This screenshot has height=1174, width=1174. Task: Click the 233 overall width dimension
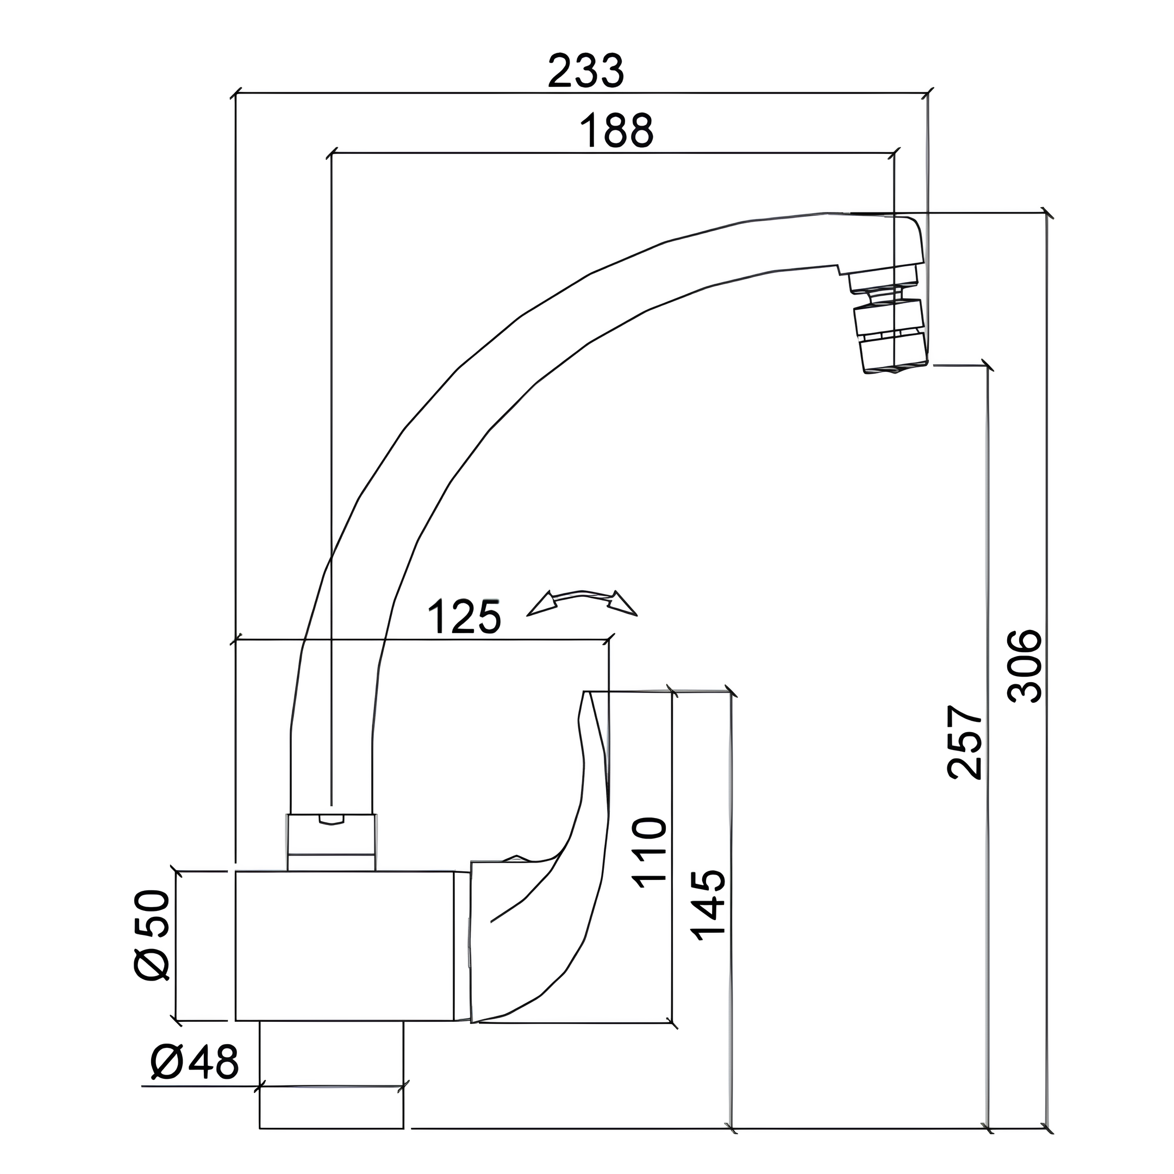click(x=585, y=71)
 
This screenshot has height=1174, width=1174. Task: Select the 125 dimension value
click(x=465, y=618)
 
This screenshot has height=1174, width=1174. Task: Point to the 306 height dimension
click(x=1025, y=666)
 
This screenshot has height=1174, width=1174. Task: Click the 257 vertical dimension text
click(x=964, y=742)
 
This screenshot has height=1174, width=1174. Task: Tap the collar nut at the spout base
click(x=331, y=843)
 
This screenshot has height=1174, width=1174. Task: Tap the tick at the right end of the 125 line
click(x=608, y=639)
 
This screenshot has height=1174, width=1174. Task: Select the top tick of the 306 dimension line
click(x=1046, y=213)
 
